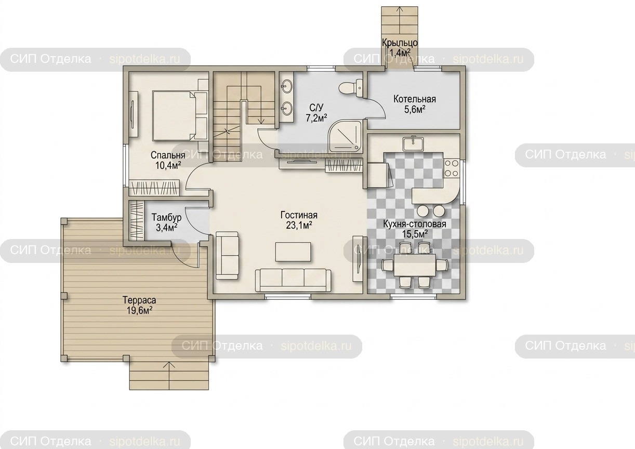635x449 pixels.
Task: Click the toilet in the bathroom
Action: pos(351,88)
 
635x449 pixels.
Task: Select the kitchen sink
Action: pos(413,144)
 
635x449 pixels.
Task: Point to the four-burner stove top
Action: pos(451,168)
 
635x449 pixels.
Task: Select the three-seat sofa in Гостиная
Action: pos(293,280)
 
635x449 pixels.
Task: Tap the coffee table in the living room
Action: pos(293,252)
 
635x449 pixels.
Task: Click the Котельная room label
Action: pos(415,99)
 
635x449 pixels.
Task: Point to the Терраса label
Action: pos(139,300)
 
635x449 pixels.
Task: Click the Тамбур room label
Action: pos(166,217)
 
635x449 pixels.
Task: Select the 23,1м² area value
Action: pos(299,226)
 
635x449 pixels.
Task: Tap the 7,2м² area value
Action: pos(316,117)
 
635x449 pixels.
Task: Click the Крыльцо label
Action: pos(400,43)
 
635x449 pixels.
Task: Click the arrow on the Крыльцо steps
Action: pos(400,19)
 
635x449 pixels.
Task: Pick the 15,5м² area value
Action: pos(415,234)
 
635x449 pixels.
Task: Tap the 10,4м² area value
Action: pos(168,165)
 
